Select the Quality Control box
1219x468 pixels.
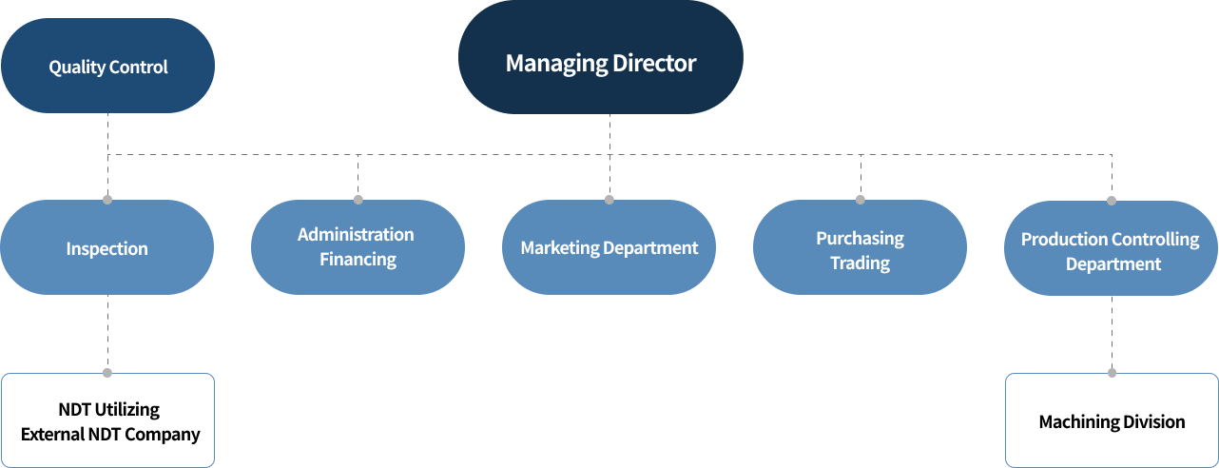coord(107,67)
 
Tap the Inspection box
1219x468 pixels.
coord(106,248)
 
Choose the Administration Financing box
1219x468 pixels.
coord(358,247)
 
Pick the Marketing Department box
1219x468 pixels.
coord(609,247)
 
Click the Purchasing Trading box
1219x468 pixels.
coord(860,248)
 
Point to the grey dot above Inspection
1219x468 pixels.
coord(107,200)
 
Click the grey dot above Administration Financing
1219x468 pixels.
coord(358,200)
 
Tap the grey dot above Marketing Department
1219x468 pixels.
coord(609,200)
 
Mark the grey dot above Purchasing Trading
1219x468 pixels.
coord(861,200)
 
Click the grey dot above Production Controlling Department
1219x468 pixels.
coord(1112,201)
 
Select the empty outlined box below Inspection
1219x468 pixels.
coord(107,419)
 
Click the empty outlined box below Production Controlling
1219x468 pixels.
coord(1112,419)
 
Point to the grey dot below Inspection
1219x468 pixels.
coord(107,373)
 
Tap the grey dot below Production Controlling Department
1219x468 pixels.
coord(1112,373)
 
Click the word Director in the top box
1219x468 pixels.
coord(654,64)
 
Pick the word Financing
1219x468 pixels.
coord(358,259)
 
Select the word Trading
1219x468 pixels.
coord(860,263)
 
